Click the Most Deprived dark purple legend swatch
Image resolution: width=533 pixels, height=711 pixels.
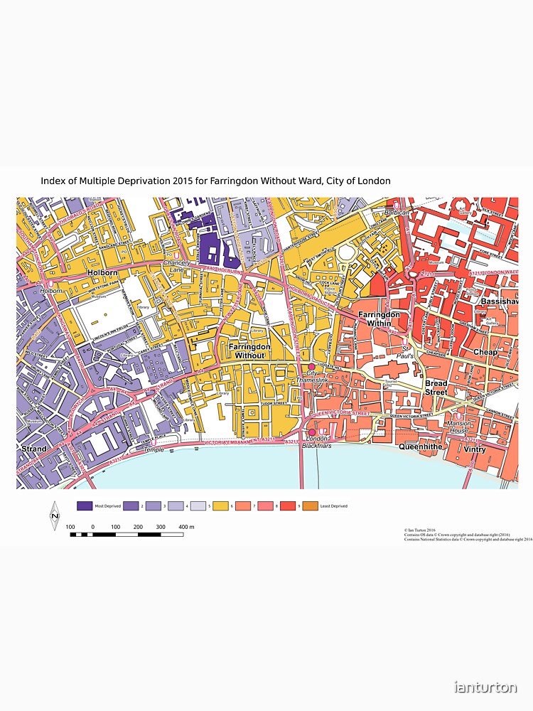click(x=84, y=506)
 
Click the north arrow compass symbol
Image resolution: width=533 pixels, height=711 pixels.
click(x=54, y=516)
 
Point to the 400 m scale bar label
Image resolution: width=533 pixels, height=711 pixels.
click(x=186, y=526)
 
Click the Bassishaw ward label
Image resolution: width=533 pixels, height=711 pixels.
click(x=500, y=301)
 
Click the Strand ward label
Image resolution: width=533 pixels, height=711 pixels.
click(x=34, y=449)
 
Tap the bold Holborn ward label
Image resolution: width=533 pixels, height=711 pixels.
click(x=102, y=272)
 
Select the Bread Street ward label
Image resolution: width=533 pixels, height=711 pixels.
click(x=436, y=387)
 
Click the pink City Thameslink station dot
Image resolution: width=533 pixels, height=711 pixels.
click(x=311, y=366)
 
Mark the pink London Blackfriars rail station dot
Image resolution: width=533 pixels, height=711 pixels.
click(x=311, y=432)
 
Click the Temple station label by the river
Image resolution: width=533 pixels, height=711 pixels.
click(x=154, y=450)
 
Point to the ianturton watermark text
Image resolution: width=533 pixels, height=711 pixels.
click(x=485, y=687)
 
